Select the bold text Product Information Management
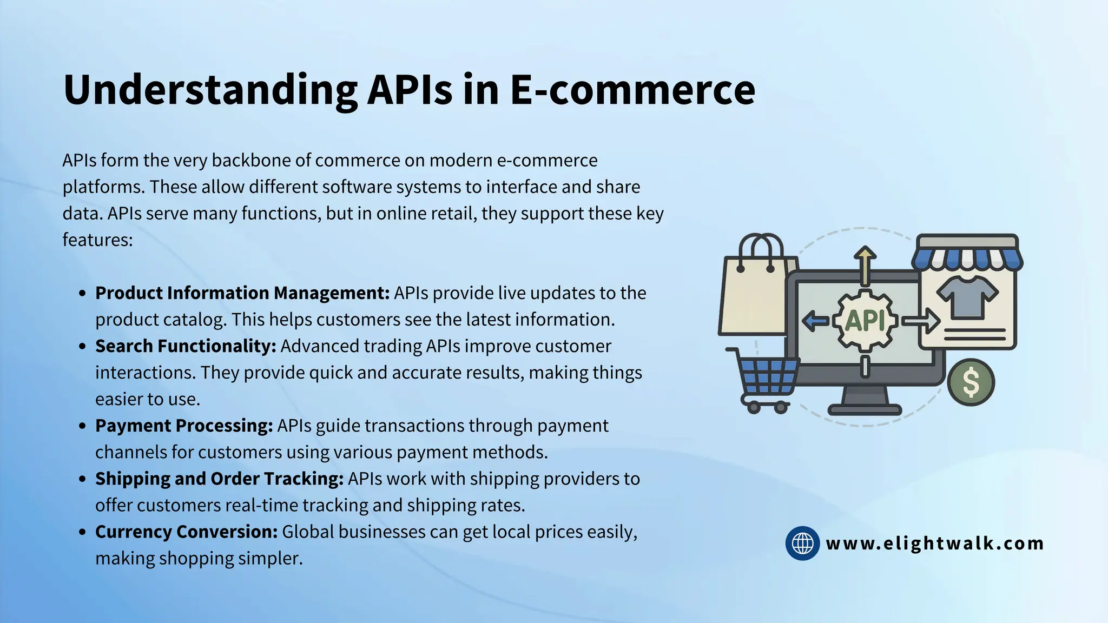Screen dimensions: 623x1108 [242, 293]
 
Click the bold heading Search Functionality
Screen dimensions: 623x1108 [186, 346]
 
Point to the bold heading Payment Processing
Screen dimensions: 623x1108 [184, 426]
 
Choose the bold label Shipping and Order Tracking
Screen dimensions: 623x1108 [219, 479]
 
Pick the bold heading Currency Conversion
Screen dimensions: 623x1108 [186, 532]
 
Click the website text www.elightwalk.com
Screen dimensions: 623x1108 [935, 543]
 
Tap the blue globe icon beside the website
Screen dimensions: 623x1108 [802, 543]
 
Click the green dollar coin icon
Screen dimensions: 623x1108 [971, 382]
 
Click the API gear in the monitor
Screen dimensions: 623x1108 [865, 320]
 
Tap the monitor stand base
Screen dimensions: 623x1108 [865, 409]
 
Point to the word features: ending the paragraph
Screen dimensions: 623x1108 [97, 240]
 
